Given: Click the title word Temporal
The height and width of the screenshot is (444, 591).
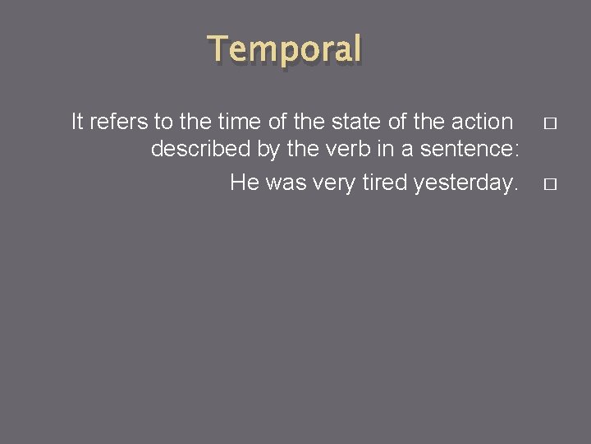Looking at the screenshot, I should (x=285, y=49).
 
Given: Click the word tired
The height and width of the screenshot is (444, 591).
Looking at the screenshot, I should (x=385, y=182).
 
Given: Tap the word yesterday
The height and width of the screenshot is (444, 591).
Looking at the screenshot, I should (x=467, y=182).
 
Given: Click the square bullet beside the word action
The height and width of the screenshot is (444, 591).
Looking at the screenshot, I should (x=549, y=123).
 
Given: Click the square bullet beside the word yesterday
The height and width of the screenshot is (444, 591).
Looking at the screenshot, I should (x=549, y=183).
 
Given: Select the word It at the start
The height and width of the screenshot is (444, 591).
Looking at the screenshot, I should (x=77, y=122).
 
